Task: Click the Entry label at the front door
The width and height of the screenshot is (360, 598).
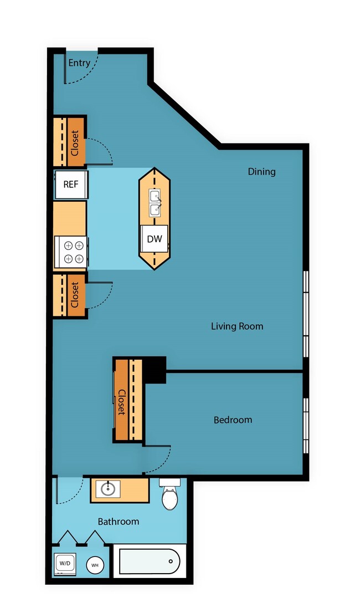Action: pyautogui.click(x=79, y=63)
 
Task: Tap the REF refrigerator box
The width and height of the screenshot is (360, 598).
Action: pyautogui.click(x=71, y=185)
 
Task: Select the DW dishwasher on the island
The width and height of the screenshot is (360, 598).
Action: pyautogui.click(x=155, y=239)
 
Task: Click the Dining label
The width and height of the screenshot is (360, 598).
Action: pyautogui.click(x=261, y=172)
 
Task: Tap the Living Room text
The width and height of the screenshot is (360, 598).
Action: pyautogui.click(x=237, y=326)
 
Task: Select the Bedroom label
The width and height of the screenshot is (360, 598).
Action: pyautogui.click(x=233, y=420)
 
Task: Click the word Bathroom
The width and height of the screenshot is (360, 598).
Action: pyautogui.click(x=119, y=522)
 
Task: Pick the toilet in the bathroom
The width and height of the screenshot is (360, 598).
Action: pyautogui.click(x=170, y=495)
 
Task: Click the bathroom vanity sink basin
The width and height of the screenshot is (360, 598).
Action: pyautogui.click(x=107, y=489)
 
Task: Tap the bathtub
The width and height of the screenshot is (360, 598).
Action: pyautogui.click(x=150, y=561)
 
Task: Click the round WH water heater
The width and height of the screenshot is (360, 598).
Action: pyautogui.click(x=95, y=565)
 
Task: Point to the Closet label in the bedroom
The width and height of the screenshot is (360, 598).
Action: pyautogui.click(x=121, y=402)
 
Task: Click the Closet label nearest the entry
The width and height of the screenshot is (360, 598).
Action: pyautogui.click(x=75, y=142)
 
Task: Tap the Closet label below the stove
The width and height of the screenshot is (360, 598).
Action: pyautogui.click(x=75, y=295)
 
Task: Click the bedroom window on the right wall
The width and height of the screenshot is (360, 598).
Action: pyautogui.click(x=306, y=424)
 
